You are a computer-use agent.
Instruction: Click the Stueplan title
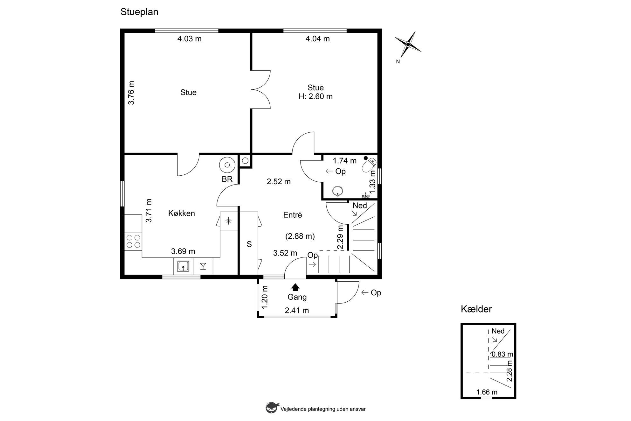point(139,12)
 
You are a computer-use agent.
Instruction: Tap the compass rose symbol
point(408,45)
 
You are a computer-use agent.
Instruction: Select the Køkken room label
point(182,213)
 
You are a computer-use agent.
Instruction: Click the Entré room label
point(293,215)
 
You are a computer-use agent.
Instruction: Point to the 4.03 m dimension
point(190,39)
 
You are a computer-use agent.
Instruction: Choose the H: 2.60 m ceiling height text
point(315,96)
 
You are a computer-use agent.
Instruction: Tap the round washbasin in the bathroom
point(337,191)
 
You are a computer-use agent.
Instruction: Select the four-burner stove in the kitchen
point(133,241)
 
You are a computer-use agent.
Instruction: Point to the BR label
point(227,179)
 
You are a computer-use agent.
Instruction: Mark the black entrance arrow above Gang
point(295,287)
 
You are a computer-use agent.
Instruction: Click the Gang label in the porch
point(297,297)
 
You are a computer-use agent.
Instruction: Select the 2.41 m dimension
point(297,311)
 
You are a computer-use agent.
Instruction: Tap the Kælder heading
point(476,309)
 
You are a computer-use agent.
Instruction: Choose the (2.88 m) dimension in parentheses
point(300,236)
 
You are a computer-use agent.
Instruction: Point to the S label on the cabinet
point(249,244)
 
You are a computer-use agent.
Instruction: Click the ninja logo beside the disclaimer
point(271,408)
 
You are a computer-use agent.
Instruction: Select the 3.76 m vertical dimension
point(131,93)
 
